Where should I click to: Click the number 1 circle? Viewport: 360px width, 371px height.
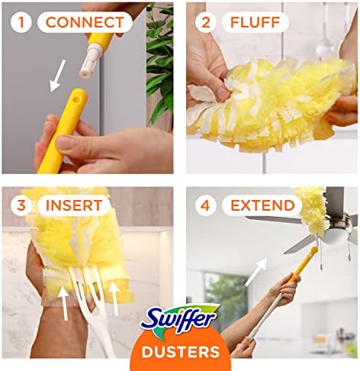click(x=21, y=22)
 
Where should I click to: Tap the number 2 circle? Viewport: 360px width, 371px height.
click(x=205, y=22)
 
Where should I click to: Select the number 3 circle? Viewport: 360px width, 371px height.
click(x=21, y=205)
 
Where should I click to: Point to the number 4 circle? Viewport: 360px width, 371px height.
click(x=205, y=205)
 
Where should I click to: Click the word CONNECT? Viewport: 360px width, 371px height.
click(x=85, y=22)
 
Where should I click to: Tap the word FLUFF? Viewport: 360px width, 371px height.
click(x=255, y=22)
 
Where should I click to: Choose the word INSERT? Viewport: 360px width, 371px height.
click(x=74, y=205)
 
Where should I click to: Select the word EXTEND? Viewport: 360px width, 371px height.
click(x=262, y=205)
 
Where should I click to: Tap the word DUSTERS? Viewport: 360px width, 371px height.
click(x=181, y=352)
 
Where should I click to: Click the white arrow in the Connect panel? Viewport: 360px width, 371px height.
click(x=57, y=76)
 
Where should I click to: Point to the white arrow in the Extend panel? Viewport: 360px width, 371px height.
click(x=256, y=272)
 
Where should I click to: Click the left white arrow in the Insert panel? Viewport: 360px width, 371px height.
click(x=63, y=303)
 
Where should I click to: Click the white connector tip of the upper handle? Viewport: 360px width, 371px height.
click(x=88, y=61)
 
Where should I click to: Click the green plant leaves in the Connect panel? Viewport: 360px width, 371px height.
click(x=159, y=63)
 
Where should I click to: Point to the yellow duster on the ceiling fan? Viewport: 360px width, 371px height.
click(x=312, y=211)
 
